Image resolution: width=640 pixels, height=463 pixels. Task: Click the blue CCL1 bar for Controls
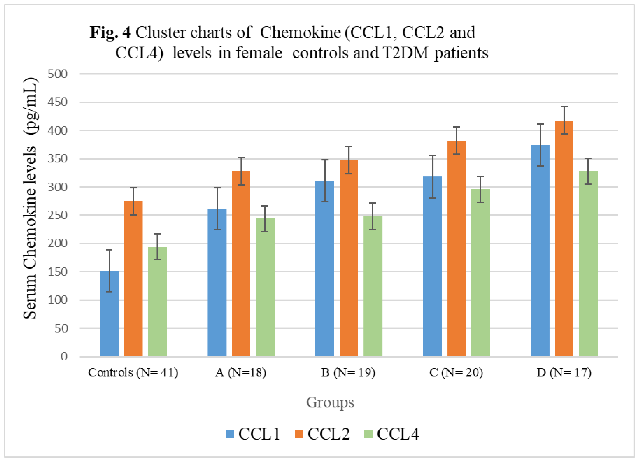[109, 313]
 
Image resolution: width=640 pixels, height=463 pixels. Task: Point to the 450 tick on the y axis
[58, 102]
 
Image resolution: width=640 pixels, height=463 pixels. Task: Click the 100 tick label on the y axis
[58, 300]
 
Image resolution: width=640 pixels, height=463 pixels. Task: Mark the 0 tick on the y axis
[64, 357]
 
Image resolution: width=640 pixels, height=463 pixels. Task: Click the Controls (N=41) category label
[133, 373]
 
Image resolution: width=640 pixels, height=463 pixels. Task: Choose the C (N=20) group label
[456, 373]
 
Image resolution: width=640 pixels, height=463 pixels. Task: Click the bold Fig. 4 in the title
[110, 32]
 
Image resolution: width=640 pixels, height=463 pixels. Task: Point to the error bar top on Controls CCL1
[109, 250]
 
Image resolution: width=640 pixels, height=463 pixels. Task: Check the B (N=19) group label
[348, 373]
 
